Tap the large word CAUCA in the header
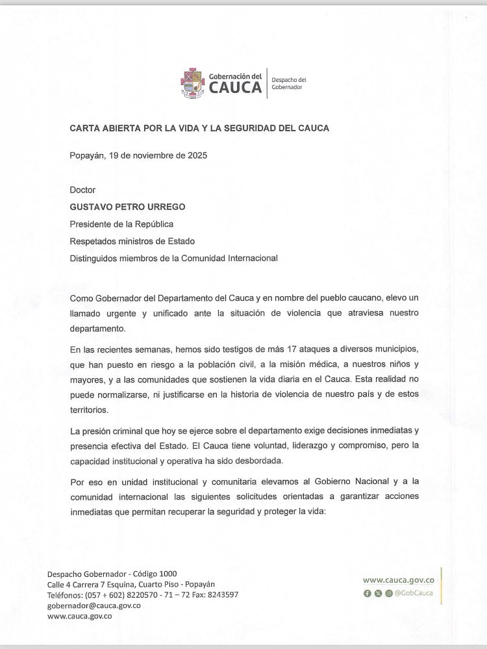235,89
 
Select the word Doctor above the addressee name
82,190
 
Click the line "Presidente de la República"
123,224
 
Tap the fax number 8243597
219,595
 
